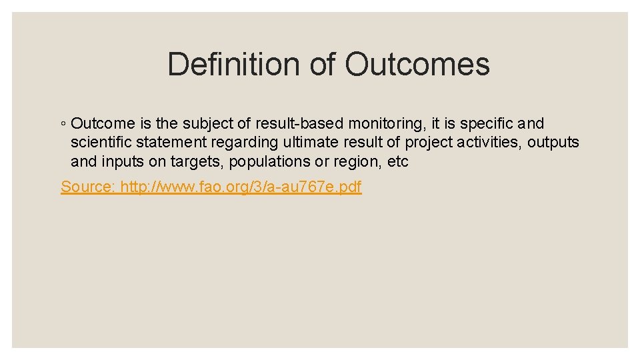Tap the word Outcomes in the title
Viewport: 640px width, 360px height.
click(417, 65)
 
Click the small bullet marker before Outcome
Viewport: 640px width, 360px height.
click(63, 124)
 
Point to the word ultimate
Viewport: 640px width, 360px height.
click(309, 142)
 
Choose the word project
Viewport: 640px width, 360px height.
click(428, 142)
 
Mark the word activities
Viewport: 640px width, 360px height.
click(491, 142)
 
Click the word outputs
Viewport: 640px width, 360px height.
click(553, 142)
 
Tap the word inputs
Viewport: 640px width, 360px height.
click(121, 161)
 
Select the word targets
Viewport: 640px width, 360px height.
click(193, 161)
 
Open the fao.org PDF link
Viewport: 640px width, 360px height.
click(240, 187)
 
